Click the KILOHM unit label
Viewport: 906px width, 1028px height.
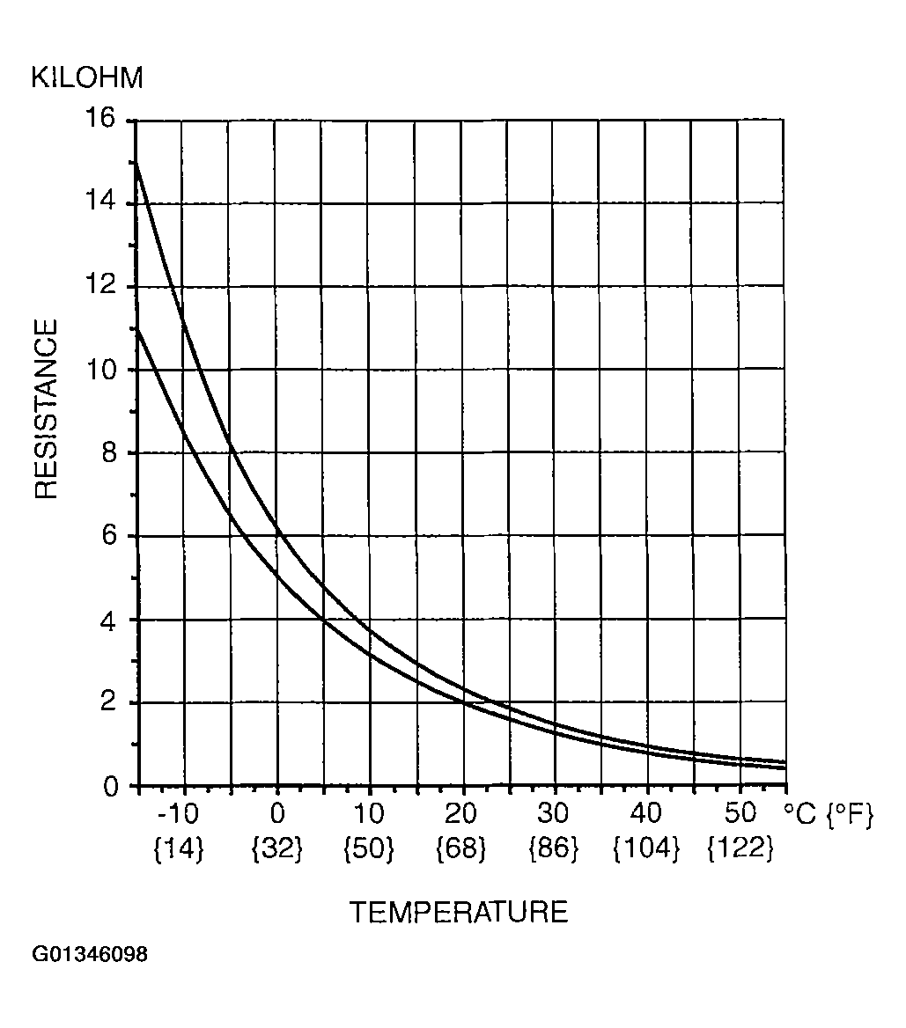[86, 78]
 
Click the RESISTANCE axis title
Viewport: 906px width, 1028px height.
[46, 409]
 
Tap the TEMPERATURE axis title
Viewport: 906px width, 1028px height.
[459, 912]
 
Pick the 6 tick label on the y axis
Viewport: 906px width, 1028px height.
[109, 535]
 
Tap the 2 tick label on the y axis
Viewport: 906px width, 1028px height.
[109, 702]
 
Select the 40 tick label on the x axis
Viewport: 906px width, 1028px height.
[647, 812]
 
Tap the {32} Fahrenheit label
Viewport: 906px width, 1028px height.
[276, 848]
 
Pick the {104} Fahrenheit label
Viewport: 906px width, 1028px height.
[647, 848]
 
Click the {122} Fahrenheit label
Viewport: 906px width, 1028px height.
[740, 848]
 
